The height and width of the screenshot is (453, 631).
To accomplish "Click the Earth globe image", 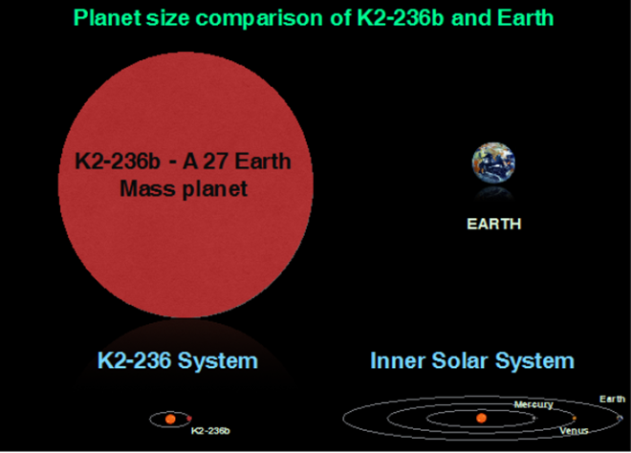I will click(x=493, y=163).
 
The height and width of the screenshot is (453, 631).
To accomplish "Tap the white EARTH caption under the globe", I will click(x=493, y=225).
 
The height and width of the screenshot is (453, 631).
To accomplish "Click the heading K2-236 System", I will click(x=178, y=360).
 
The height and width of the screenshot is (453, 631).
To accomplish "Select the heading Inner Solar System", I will click(x=472, y=360).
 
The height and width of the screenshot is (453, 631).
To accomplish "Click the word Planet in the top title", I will click(x=107, y=17).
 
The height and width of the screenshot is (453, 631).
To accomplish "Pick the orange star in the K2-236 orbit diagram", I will click(x=170, y=419).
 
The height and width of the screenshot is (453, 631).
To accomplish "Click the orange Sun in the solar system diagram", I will click(x=482, y=418).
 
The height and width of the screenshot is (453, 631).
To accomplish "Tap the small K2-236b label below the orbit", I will click(x=210, y=431).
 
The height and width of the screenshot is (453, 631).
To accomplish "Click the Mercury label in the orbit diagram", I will click(x=533, y=404).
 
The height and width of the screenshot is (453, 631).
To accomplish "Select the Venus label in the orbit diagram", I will click(x=574, y=431).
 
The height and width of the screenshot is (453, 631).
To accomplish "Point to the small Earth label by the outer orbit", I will click(x=612, y=399).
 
